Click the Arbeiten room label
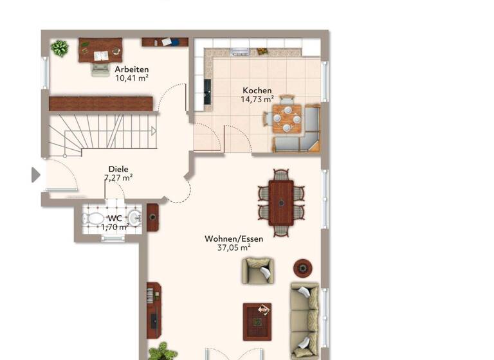[x=132, y=69]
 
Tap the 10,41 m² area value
[x=132, y=78]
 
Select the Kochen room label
[x=257, y=91]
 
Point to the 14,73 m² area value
[x=257, y=100]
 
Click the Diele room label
[x=118, y=170]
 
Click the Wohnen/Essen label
[x=233, y=239]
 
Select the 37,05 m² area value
[x=233, y=248]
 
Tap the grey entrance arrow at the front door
[x=36, y=174]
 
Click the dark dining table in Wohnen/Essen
[x=281, y=203]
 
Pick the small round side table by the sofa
[x=302, y=267]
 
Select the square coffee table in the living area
[x=257, y=321]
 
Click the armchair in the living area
[x=257, y=271]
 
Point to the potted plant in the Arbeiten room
[x=60, y=48]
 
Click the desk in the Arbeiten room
[x=100, y=51]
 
